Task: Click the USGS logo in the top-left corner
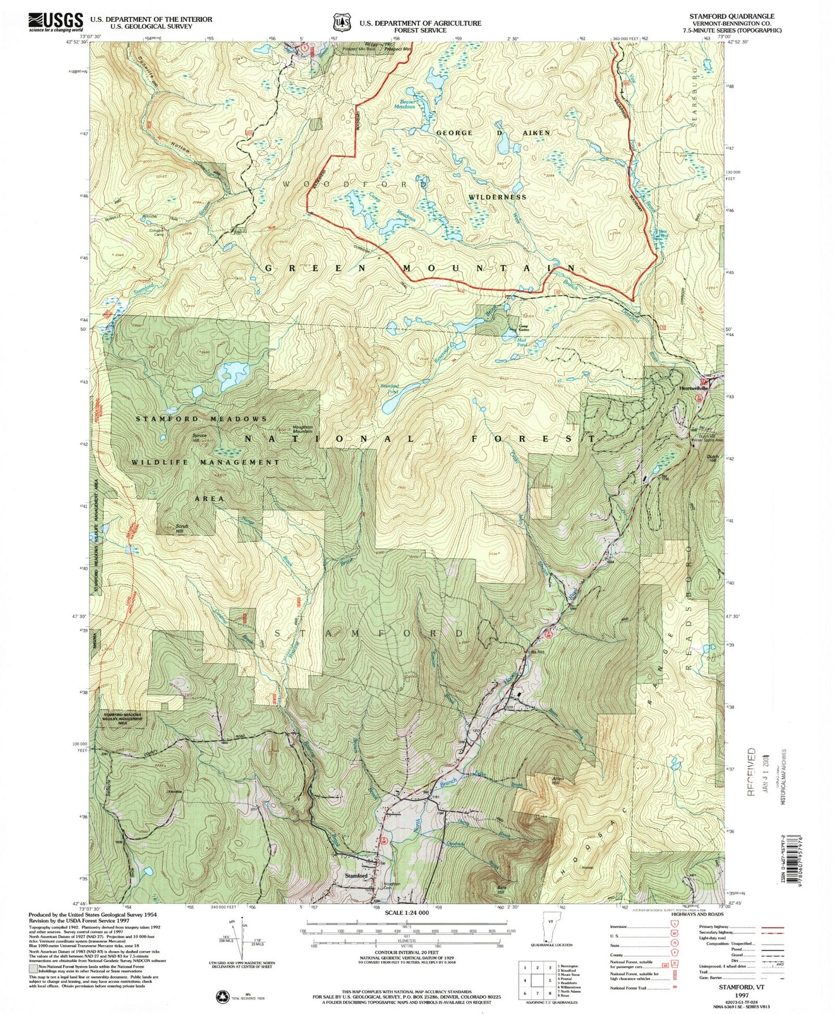pyautogui.click(x=55, y=22)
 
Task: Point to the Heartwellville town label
pyautogui.click(x=693, y=388)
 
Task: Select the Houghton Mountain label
pyautogui.click(x=303, y=429)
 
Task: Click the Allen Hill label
pyautogui.click(x=558, y=780)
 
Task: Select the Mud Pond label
pyautogui.click(x=521, y=342)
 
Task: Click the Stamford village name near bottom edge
pyautogui.click(x=356, y=875)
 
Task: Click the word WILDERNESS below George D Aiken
pyautogui.click(x=497, y=197)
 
